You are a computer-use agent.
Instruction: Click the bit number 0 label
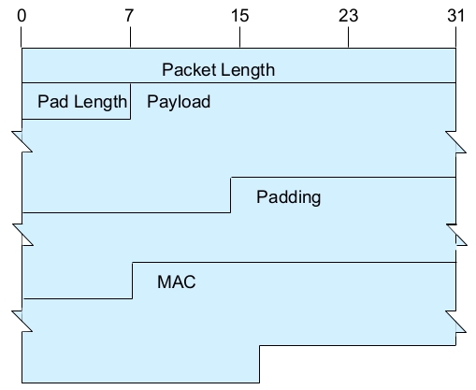click(22, 16)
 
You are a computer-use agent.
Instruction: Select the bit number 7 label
click(130, 16)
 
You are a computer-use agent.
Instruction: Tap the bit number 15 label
click(239, 16)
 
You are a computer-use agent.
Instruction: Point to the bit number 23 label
click(348, 16)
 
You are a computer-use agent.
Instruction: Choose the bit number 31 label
click(455, 16)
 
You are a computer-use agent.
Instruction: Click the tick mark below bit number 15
click(239, 37)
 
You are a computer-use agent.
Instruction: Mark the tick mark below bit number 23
click(348, 37)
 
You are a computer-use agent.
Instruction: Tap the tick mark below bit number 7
click(130, 37)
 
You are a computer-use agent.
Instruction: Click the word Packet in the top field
click(187, 69)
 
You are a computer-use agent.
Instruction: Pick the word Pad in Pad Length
click(53, 102)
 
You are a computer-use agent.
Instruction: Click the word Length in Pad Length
click(100, 102)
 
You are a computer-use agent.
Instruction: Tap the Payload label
click(179, 102)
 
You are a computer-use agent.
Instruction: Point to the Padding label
click(288, 197)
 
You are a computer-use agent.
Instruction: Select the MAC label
click(177, 282)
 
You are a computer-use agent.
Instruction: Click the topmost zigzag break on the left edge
click(22, 142)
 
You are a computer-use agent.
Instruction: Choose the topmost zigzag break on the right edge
click(455, 142)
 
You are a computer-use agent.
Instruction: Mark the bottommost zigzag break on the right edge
click(455, 322)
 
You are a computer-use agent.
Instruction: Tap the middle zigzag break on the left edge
click(22, 235)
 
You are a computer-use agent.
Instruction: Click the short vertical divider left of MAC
click(132, 281)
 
